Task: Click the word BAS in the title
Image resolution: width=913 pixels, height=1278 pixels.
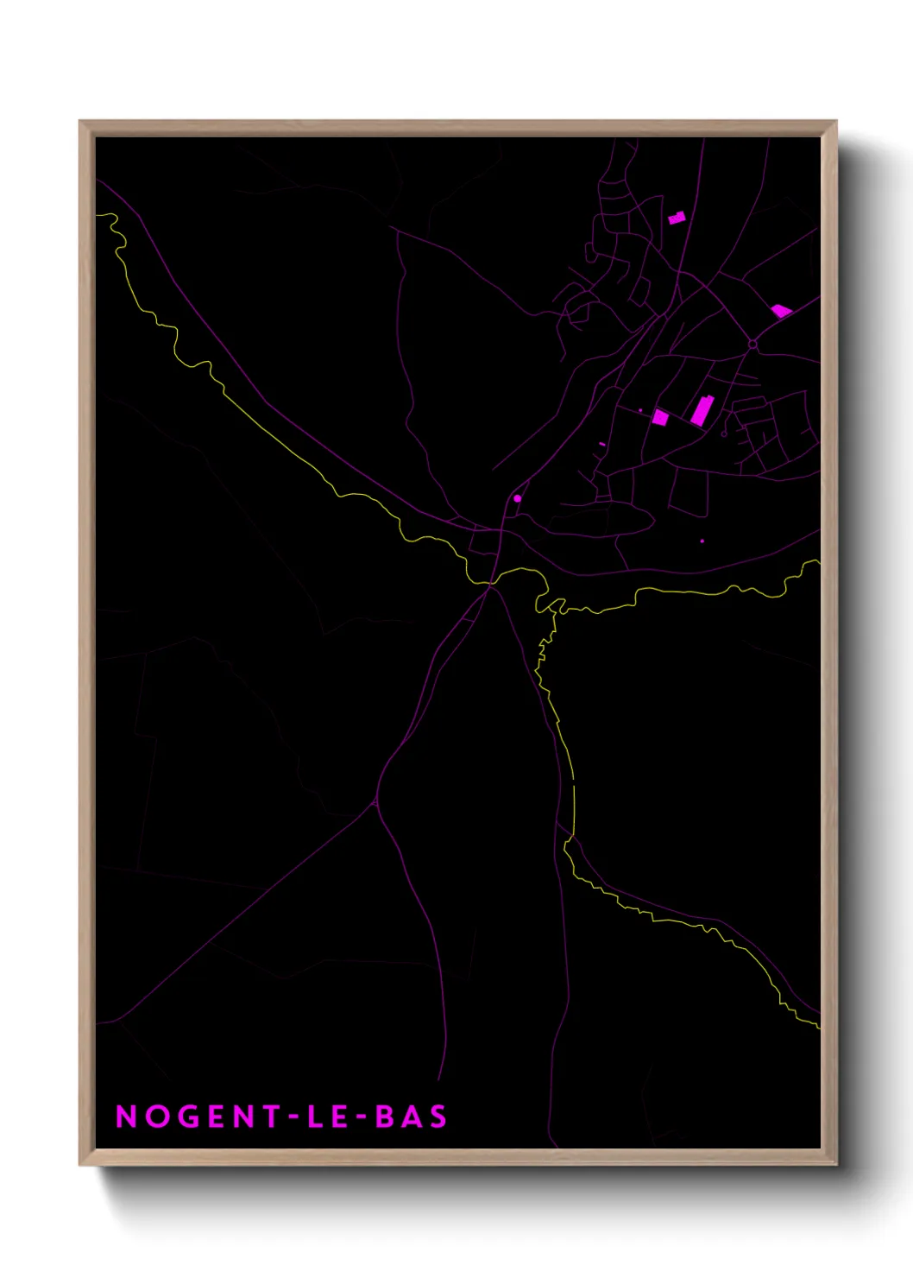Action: (412, 1117)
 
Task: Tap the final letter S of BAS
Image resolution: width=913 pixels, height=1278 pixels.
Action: (438, 1117)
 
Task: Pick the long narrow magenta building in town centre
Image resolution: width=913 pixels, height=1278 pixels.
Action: (701, 410)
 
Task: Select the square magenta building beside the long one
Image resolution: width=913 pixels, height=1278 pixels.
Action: (660, 418)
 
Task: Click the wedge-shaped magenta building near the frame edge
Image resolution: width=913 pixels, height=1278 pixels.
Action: (781, 311)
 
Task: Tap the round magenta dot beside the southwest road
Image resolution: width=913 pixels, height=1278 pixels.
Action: (518, 498)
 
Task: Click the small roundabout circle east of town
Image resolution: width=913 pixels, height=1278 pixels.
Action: (752, 345)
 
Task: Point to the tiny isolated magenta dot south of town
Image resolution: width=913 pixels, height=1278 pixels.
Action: (702, 541)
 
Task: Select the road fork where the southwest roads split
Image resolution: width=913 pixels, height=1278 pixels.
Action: (375, 803)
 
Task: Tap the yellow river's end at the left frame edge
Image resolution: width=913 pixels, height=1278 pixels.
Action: (98, 215)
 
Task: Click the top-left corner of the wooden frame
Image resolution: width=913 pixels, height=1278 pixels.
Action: (81, 122)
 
